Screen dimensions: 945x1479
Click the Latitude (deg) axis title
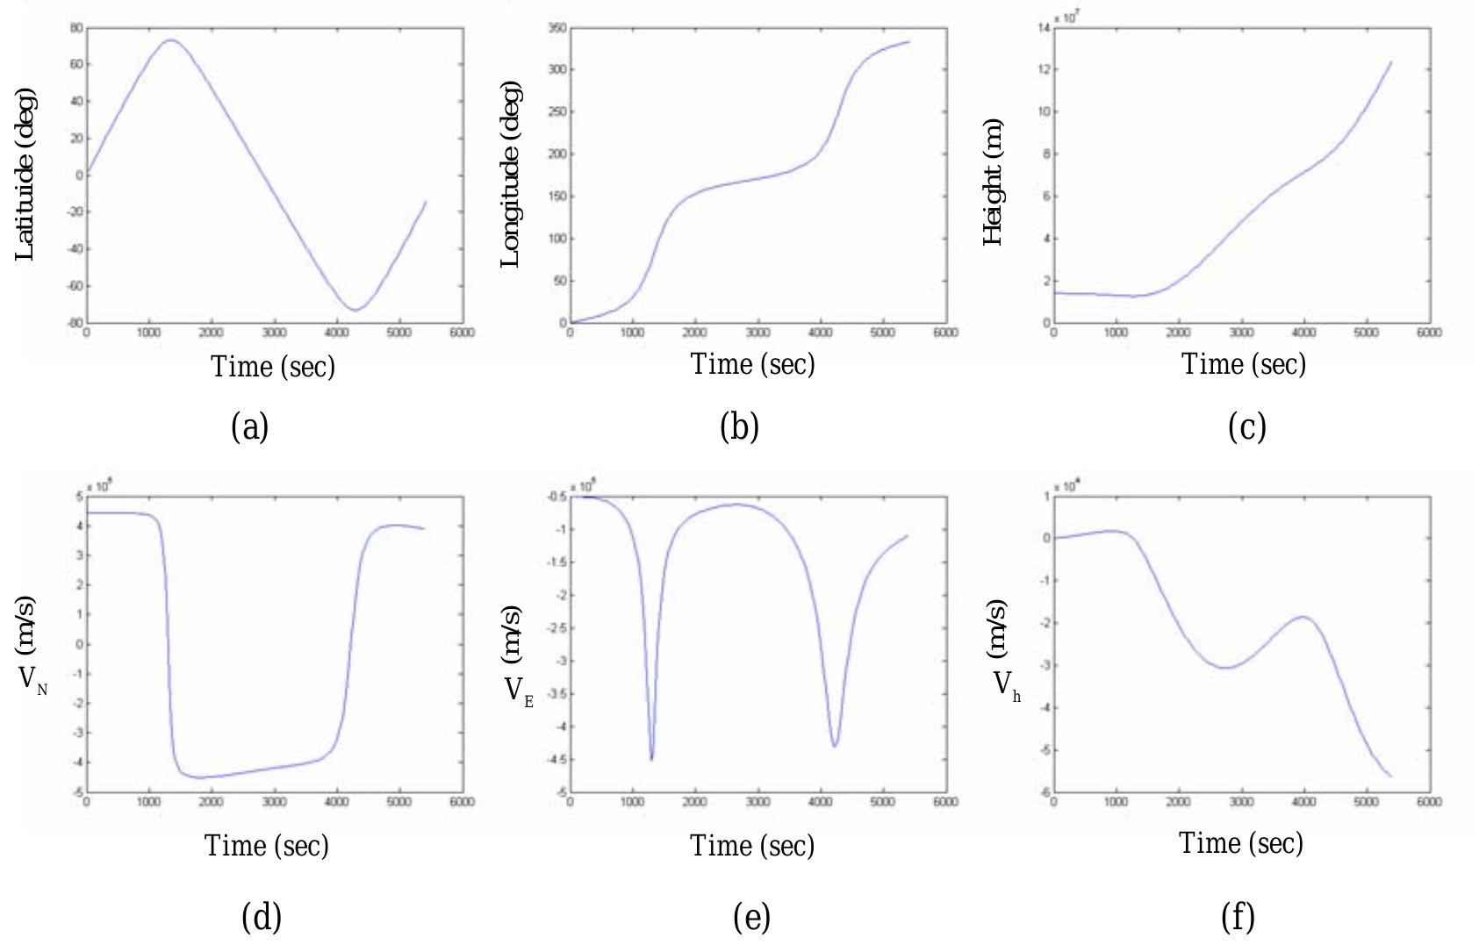click(x=25, y=174)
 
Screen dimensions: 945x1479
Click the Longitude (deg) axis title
click(x=510, y=174)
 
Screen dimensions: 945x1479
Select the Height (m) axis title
click(x=993, y=182)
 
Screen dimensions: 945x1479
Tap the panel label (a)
click(x=249, y=427)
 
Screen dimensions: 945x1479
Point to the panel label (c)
click(x=1246, y=427)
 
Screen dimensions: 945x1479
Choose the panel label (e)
click(x=751, y=917)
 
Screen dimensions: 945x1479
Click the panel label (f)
click(x=1238, y=917)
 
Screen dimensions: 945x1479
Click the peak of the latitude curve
click(x=170, y=39)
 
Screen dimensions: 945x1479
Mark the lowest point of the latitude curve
click(x=355, y=310)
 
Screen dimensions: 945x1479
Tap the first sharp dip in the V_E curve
click(x=651, y=759)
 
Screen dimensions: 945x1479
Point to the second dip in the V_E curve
click(x=835, y=746)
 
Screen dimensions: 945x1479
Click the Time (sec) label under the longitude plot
click(x=752, y=364)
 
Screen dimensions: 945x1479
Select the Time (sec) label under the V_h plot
click(x=1240, y=843)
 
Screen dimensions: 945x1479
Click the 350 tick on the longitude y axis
click(x=557, y=28)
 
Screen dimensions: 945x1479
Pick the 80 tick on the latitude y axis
click(x=76, y=28)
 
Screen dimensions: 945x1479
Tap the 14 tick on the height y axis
click(x=1044, y=28)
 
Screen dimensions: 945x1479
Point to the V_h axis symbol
click(x=1006, y=684)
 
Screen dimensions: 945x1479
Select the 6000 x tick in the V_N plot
click(x=462, y=802)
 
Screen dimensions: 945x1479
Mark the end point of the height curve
click(x=1391, y=62)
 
